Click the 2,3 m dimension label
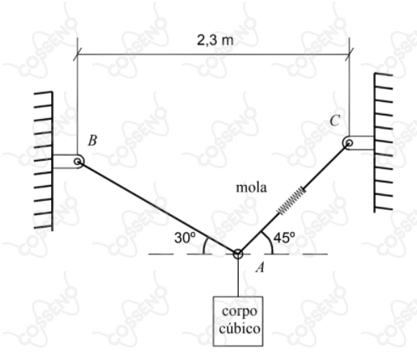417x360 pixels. (x=214, y=40)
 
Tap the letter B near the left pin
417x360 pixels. (x=92, y=141)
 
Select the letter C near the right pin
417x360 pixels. (x=335, y=121)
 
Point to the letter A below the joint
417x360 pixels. (x=260, y=268)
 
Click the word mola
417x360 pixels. (x=251, y=188)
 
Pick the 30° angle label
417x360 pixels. (x=185, y=238)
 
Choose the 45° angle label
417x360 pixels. (x=284, y=238)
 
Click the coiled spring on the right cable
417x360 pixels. (x=291, y=201)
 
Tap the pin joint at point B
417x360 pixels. (x=78, y=162)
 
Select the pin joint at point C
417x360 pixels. (x=348, y=143)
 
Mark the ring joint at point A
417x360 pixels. (x=238, y=254)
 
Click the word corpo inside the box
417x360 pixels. (x=239, y=311)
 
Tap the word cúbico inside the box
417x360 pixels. (x=239, y=328)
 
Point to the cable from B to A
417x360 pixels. (x=158, y=208)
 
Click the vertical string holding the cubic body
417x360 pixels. (x=238, y=277)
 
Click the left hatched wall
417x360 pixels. (x=44, y=161)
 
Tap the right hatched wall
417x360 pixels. (x=383, y=142)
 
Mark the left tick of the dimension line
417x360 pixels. (x=77, y=54)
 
